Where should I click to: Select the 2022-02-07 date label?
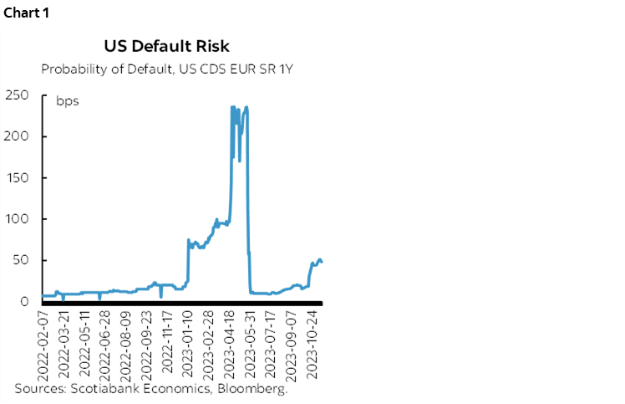coord(43,344)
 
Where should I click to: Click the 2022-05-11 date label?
coord(84,344)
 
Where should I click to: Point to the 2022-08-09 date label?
coord(125,344)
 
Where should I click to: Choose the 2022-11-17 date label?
coord(166,344)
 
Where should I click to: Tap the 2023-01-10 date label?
coord(187,344)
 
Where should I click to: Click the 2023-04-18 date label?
coord(228,344)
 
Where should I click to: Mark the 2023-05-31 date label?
coord(249,344)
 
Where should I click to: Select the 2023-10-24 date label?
coord(311,344)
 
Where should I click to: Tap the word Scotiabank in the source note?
coord(100,389)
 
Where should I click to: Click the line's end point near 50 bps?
coord(323,262)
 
